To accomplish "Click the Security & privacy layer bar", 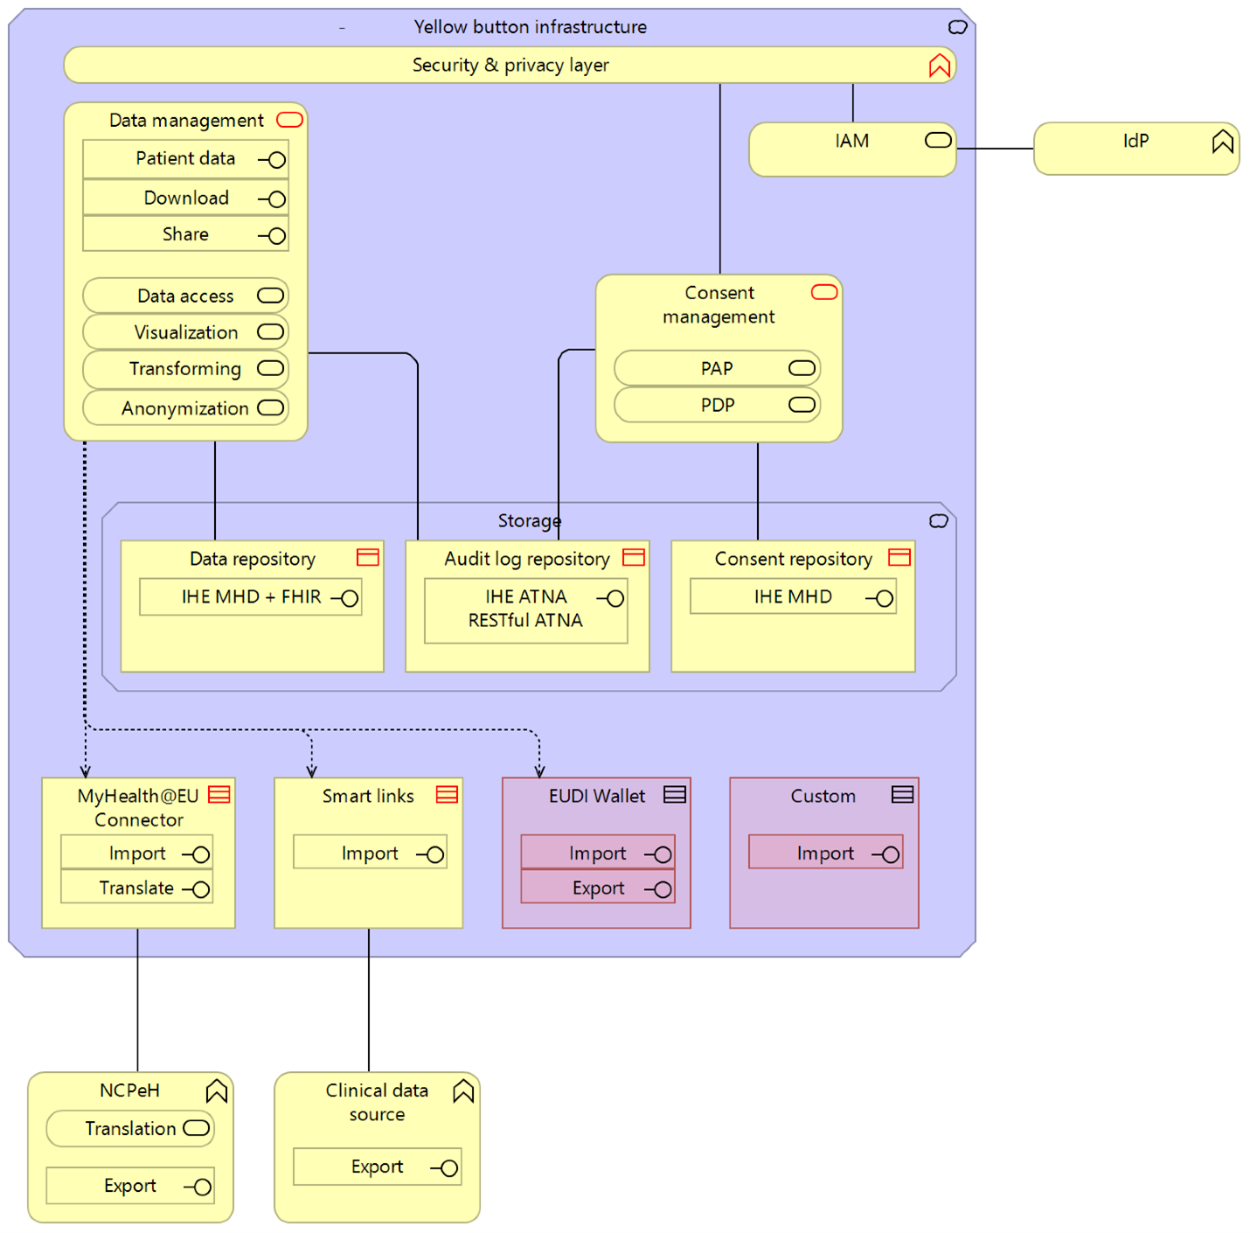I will (x=510, y=66).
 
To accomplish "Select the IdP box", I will (x=1135, y=149).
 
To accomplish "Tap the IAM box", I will (x=851, y=150).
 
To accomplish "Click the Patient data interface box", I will (x=185, y=159).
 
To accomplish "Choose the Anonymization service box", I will (x=185, y=408).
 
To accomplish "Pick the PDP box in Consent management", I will (x=717, y=405).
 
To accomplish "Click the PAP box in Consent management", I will (x=717, y=368).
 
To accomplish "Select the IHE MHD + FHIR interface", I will (x=251, y=597).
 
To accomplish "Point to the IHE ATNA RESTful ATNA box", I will (x=525, y=610).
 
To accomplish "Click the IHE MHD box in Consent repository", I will (x=793, y=597).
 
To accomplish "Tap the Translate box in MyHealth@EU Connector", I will (x=137, y=888).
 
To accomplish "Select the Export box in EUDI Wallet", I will (x=598, y=888).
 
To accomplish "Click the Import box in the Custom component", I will (x=825, y=853).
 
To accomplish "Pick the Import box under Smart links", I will (x=370, y=853).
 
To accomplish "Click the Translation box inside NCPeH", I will (x=130, y=1129).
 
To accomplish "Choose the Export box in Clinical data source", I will (x=377, y=1167).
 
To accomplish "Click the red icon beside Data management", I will (x=289, y=120).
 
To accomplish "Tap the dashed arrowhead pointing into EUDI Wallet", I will (x=539, y=770).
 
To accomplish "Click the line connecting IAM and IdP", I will (x=995, y=149).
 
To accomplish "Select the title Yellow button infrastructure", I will (x=530, y=27).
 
